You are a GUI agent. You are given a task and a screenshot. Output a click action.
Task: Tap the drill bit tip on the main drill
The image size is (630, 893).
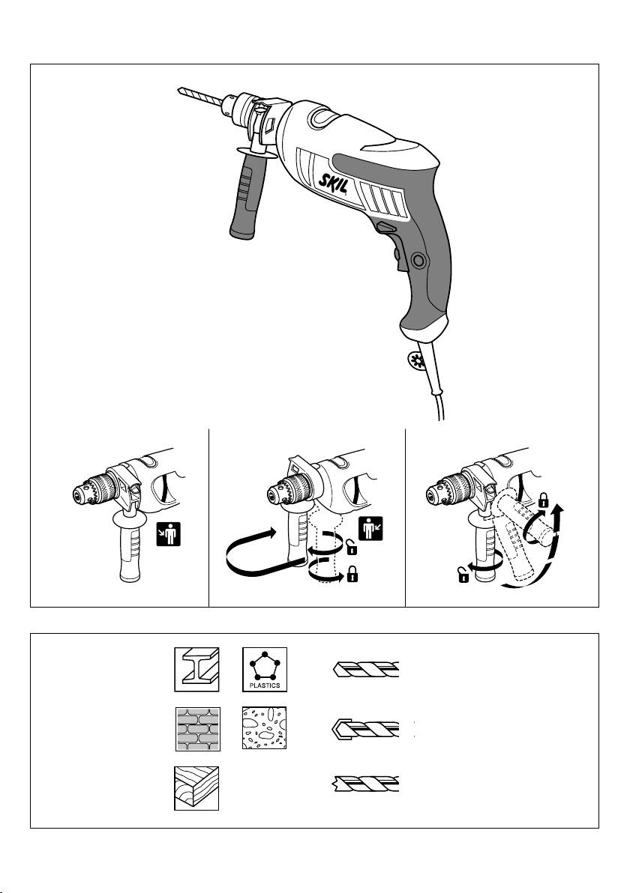(x=178, y=89)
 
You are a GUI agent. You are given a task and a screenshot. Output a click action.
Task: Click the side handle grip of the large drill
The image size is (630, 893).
(x=247, y=196)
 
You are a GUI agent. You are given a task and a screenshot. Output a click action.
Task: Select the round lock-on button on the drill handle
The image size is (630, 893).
(x=420, y=260)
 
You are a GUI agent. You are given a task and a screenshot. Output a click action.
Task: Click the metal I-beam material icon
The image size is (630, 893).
(x=196, y=669)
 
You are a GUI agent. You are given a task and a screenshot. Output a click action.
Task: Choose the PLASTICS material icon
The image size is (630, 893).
(x=265, y=669)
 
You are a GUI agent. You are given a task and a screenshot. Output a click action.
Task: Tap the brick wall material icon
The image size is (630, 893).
(x=196, y=728)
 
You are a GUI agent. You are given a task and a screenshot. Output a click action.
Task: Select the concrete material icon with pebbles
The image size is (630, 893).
(x=264, y=728)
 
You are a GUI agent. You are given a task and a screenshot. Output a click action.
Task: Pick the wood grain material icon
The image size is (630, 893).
(x=196, y=788)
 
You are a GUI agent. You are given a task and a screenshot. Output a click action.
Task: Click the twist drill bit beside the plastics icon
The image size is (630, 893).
(x=366, y=669)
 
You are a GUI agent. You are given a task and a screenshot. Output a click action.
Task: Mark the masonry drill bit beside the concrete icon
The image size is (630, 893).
(x=365, y=729)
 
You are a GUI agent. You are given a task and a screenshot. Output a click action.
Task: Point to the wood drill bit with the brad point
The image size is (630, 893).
(x=365, y=784)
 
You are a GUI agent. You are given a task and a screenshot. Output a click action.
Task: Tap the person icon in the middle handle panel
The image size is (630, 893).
(x=370, y=528)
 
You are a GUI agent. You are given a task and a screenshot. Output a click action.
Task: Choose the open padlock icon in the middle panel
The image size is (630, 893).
(x=352, y=549)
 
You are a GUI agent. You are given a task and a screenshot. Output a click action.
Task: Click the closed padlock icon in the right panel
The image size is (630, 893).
(x=543, y=501)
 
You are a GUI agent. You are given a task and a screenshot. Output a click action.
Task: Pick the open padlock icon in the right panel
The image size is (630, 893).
(x=463, y=576)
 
